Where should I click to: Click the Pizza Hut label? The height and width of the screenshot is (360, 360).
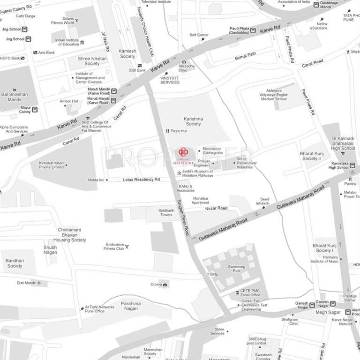click(x=179, y=131)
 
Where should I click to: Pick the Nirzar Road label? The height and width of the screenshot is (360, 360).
click(x=216, y=208)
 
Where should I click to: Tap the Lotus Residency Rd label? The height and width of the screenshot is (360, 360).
click(x=142, y=180)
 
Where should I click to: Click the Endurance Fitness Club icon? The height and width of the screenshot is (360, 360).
click(x=127, y=246)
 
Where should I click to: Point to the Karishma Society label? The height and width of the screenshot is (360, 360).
click(x=193, y=122)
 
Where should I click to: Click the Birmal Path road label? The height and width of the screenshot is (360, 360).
click(x=245, y=56)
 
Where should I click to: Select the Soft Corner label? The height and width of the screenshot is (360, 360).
click(x=199, y=35)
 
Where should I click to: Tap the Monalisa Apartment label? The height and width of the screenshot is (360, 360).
click(x=204, y=200)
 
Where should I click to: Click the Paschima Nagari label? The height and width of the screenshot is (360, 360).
click(x=131, y=305)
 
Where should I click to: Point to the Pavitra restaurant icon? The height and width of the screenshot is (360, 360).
click(x=350, y=179)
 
